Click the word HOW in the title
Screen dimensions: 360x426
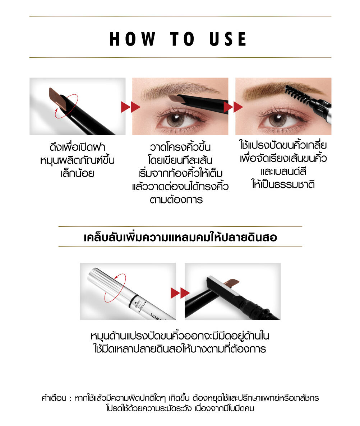point(133,39)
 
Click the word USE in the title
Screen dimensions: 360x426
point(228,39)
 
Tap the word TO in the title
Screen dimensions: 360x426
point(182,39)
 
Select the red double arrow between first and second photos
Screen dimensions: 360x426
point(130,107)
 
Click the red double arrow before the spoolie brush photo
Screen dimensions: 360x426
point(233,107)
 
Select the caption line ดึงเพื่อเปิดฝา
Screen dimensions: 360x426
point(77,147)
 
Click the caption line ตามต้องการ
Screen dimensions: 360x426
point(176,200)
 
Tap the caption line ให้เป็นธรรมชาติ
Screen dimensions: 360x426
point(283,184)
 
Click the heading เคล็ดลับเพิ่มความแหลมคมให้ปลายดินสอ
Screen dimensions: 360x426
point(180,237)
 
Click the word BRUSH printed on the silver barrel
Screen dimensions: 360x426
point(138,304)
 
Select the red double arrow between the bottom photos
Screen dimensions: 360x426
point(180,293)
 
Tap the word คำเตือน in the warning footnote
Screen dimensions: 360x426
point(54,398)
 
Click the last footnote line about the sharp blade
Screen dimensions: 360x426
point(180,408)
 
